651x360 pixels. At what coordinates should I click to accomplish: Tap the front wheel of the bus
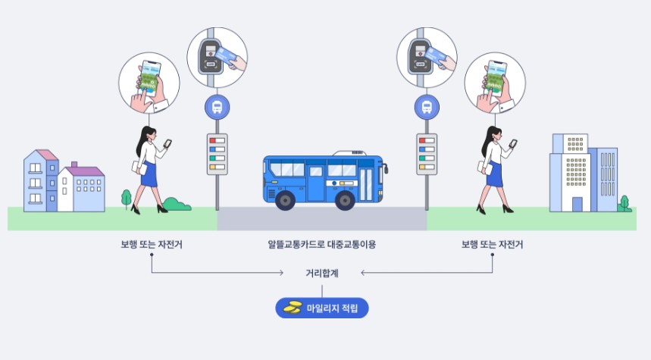tap(345, 200)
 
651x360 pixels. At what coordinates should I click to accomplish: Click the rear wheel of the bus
tap(285, 200)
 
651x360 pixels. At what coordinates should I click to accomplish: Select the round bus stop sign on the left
tap(217, 108)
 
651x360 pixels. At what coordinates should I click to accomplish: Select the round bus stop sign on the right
tap(427, 108)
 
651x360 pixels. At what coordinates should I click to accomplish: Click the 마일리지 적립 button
tap(322, 308)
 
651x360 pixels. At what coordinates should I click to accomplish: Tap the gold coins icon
tap(293, 308)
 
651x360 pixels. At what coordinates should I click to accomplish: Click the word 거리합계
tap(322, 273)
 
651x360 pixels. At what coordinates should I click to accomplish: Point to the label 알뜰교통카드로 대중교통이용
tap(322, 245)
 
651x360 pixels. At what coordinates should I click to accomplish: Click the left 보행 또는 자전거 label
tap(152, 245)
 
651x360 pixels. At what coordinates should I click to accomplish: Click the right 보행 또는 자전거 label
tap(493, 245)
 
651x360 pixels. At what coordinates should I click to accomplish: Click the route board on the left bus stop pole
tap(217, 154)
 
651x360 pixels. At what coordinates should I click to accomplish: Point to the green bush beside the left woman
tap(177, 203)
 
